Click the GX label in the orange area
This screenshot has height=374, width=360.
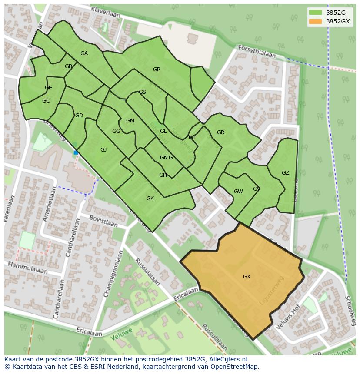pyautogui.click(x=247, y=277)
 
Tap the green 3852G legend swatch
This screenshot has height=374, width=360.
pyautogui.click(x=315, y=13)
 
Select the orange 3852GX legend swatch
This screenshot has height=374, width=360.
pyautogui.click(x=315, y=21)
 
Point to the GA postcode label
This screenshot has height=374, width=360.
pyautogui.click(x=84, y=53)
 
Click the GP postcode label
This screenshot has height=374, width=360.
pyautogui.click(x=157, y=70)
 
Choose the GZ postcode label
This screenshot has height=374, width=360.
pyautogui.click(x=285, y=173)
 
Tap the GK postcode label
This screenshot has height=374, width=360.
pyautogui.click(x=150, y=199)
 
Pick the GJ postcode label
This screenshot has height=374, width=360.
pyautogui.click(x=103, y=150)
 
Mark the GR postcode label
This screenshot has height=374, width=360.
pyautogui.click(x=220, y=132)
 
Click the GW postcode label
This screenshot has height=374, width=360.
pyautogui.click(x=238, y=192)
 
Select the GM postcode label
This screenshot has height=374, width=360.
pyautogui.click(x=130, y=121)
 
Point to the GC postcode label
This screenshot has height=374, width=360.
pyautogui.click(x=46, y=101)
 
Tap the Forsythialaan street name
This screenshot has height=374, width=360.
pyautogui.click(x=257, y=52)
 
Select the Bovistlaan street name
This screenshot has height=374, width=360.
pyautogui.click(x=103, y=221)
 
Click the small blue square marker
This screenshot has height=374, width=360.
pyautogui.click(x=76, y=152)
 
